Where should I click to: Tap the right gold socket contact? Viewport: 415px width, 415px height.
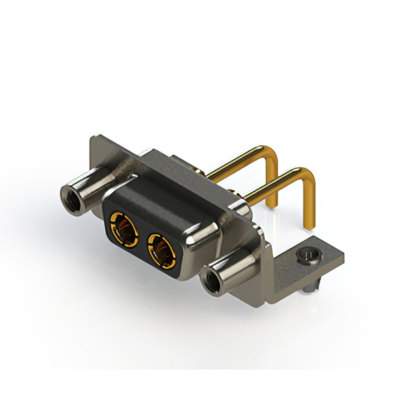(x=160, y=250)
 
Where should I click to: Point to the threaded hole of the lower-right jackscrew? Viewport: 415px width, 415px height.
(x=211, y=281)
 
